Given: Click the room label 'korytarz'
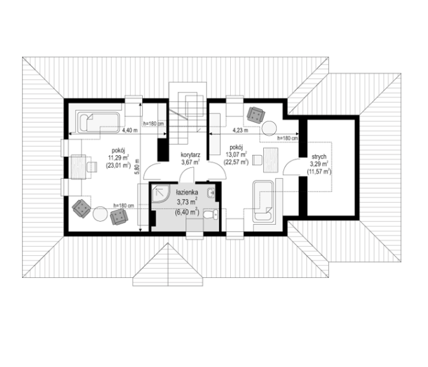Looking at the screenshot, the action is pyautogui.click(x=190, y=155).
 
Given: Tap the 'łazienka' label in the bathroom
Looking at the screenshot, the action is pyautogui.click(x=187, y=193).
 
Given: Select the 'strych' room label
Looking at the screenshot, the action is pyautogui.click(x=319, y=157).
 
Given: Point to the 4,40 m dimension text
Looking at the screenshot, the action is pyautogui.click(x=129, y=130).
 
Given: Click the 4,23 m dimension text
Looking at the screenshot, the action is pyautogui.click(x=241, y=130).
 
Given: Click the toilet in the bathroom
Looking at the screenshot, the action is pyautogui.click(x=211, y=215).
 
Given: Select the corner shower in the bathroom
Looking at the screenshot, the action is pyautogui.click(x=160, y=193).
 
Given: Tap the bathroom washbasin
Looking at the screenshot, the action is pyautogui.click(x=211, y=193).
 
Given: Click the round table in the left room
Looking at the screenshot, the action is pyautogui.click(x=100, y=214).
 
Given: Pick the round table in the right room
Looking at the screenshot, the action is pyautogui.click(x=270, y=128).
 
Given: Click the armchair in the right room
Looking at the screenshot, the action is pyautogui.click(x=256, y=115).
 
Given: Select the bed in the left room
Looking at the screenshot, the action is pyautogui.click(x=98, y=122).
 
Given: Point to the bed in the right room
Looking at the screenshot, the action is pyautogui.click(x=262, y=201).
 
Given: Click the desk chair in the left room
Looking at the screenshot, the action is pyautogui.click(x=92, y=167).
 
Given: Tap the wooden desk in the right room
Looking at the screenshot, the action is pyautogui.click(x=270, y=160).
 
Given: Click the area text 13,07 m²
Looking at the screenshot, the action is pyautogui.click(x=236, y=154).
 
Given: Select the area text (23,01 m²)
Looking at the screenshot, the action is pyautogui.click(x=118, y=165).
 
